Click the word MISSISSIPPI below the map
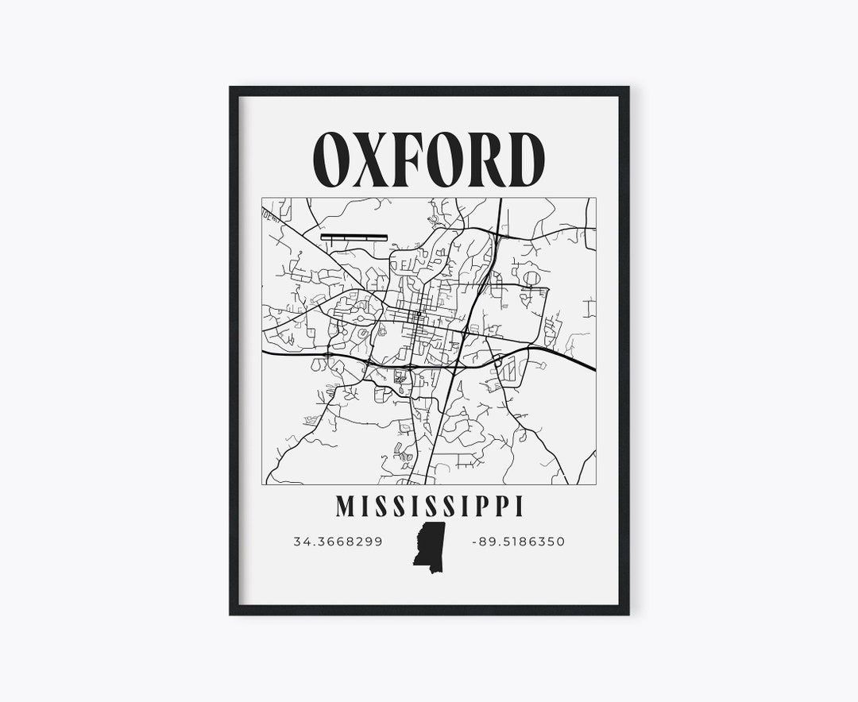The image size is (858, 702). (430, 504)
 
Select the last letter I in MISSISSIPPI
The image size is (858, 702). (519, 504)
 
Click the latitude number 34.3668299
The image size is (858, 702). (338, 542)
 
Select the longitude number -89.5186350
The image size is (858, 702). (518, 542)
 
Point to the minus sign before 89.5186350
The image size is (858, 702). (474, 542)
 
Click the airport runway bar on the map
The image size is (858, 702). (354, 237)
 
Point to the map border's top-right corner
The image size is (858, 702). (596, 198)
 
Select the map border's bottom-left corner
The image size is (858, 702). (262, 484)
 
